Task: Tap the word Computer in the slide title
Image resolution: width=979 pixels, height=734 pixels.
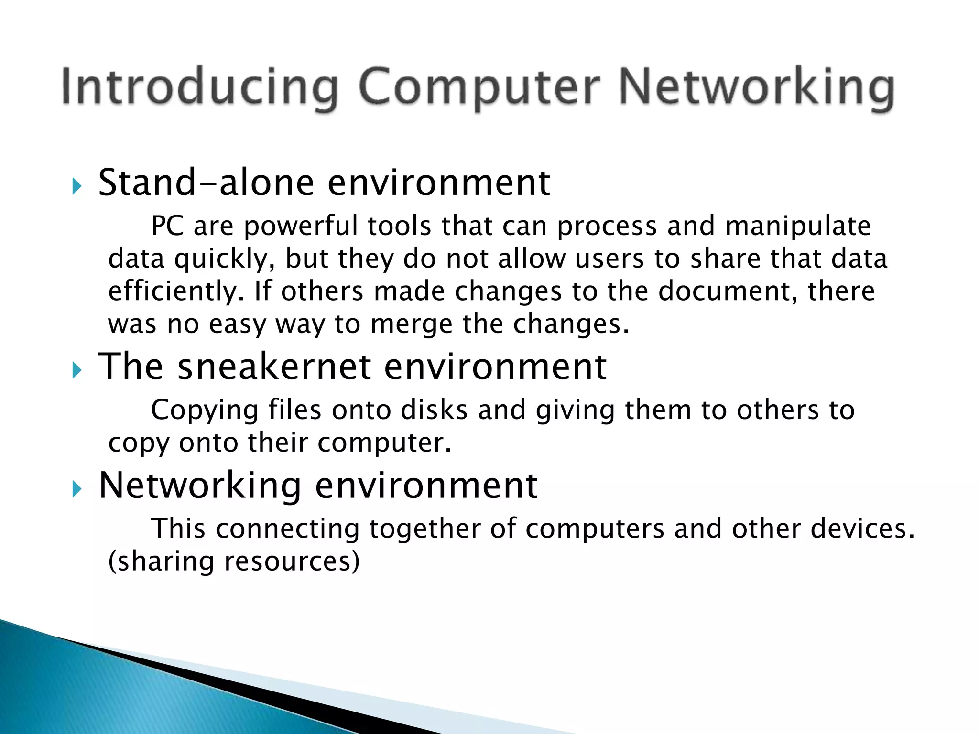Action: [x=479, y=87]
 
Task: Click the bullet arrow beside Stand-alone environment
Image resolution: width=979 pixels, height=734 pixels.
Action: [x=77, y=186]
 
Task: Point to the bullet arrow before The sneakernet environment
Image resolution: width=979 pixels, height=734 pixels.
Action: [x=77, y=370]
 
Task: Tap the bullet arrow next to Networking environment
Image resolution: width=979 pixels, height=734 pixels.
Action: [x=77, y=489]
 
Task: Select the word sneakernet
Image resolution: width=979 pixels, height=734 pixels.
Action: [x=274, y=367]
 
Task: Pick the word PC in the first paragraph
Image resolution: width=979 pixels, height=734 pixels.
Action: [x=167, y=226]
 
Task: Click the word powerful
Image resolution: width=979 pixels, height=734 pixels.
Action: [x=301, y=226]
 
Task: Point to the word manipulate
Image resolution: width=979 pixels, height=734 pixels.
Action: [x=798, y=226]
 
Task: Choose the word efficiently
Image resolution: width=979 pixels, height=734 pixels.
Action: [x=173, y=291]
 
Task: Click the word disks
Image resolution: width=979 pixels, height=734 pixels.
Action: [x=434, y=410]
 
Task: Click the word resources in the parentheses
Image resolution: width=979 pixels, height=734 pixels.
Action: [x=292, y=561]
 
